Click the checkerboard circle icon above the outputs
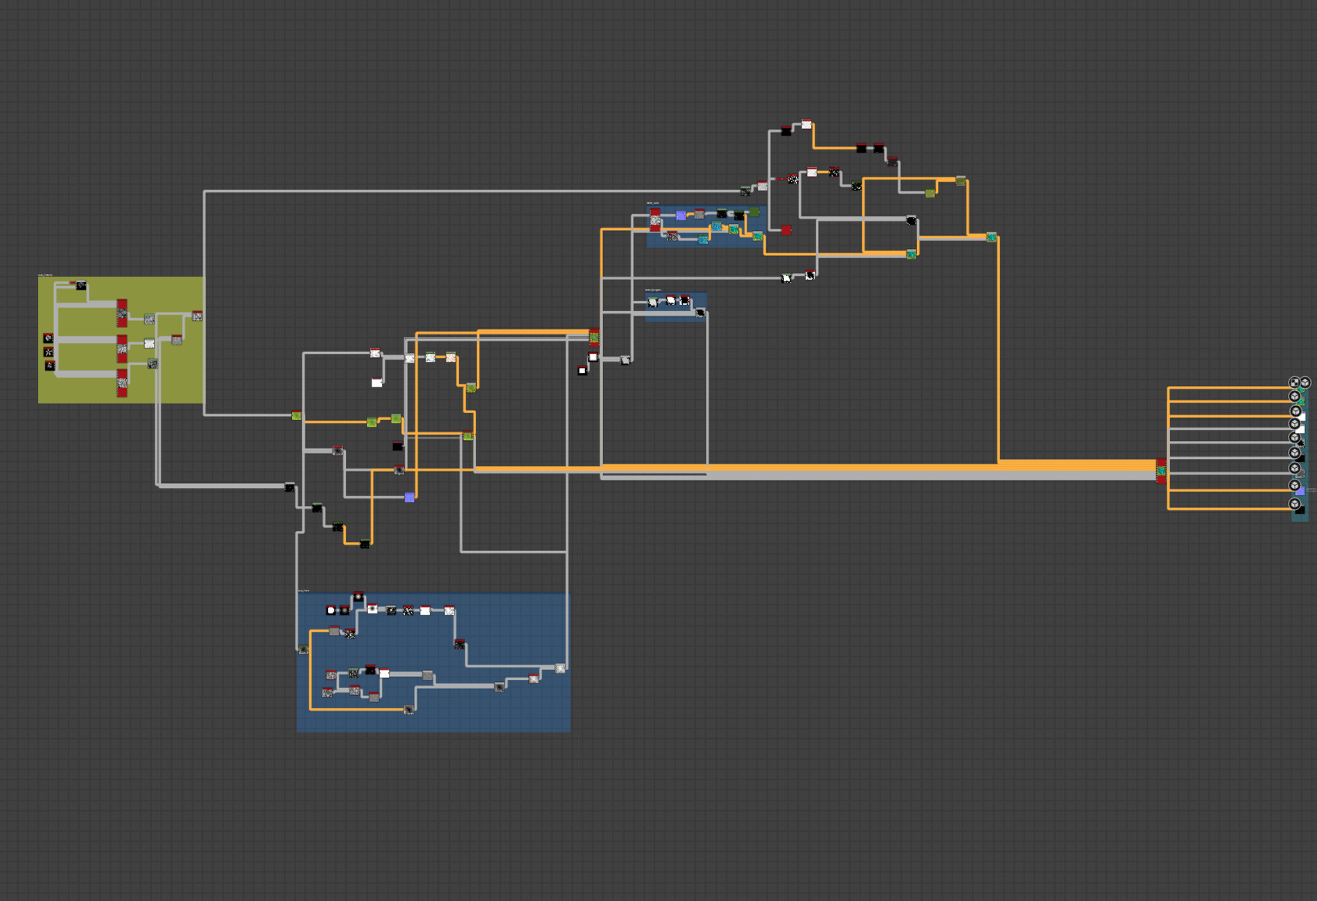coord(1293,383)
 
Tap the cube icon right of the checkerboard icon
coord(1305,383)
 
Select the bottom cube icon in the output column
coord(1294,504)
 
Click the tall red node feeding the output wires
coord(1161,471)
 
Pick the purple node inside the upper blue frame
coord(681,216)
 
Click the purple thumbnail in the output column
coord(1300,491)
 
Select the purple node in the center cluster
coord(410,497)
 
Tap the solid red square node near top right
coord(786,230)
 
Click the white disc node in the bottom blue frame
coord(331,610)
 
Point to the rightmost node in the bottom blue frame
coord(560,668)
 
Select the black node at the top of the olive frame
coord(81,286)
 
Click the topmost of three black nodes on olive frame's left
coord(49,338)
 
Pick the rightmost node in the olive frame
coord(197,316)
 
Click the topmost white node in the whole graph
coord(806,125)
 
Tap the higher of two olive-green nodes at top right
coord(960,181)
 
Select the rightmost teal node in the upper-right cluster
coord(991,238)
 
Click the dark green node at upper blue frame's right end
coord(754,212)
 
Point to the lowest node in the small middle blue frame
coord(700,313)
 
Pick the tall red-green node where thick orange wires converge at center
coord(594,338)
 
